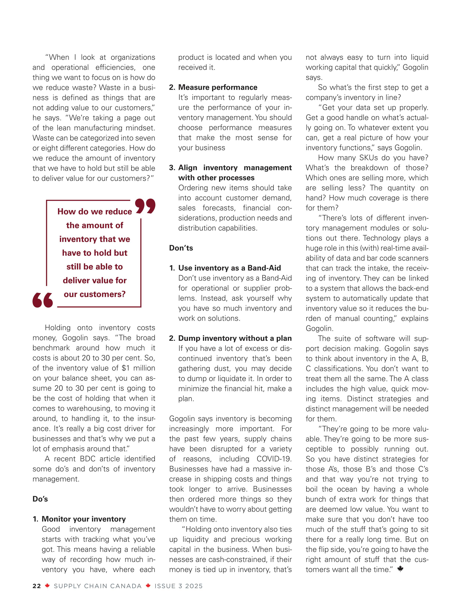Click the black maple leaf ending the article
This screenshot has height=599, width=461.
[400, 569]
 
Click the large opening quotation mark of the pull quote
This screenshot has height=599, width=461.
[42, 300]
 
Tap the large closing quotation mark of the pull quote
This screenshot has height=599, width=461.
[145, 206]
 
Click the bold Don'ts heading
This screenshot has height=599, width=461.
[181, 248]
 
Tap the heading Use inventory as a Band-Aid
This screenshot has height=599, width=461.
[229, 268]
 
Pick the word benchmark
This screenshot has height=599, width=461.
[51, 348]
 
